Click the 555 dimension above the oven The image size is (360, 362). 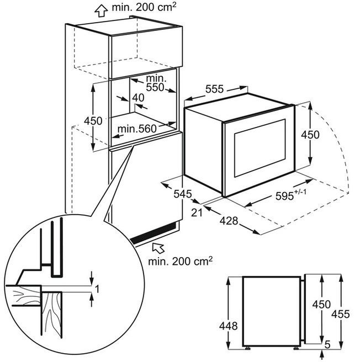tap(215, 89)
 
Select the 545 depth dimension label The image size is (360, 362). tap(183, 194)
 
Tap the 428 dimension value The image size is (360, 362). tap(229, 221)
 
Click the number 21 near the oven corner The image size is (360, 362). tap(197, 212)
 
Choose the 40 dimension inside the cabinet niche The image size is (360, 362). tap(138, 98)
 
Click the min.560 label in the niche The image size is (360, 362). tap(137, 129)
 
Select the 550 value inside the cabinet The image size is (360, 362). tap(155, 87)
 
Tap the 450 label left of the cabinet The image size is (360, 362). tap(93, 121)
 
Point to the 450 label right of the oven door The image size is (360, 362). tap(310, 135)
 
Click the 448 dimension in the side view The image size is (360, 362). tap(228, 326)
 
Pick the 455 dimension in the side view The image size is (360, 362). tap(341, 314)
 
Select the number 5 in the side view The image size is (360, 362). tap(327, 344)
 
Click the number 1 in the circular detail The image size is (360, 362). tap(97, 289)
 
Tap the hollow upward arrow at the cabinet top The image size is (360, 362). tap(101, 10)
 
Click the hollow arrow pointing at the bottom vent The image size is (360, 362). tap(158, 247)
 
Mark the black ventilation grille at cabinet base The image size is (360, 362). tap(153, 233)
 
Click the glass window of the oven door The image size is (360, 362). tap(260, 148)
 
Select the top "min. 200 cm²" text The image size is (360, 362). tap(144, 7)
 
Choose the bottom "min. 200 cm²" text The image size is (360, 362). tap(180, 261)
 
